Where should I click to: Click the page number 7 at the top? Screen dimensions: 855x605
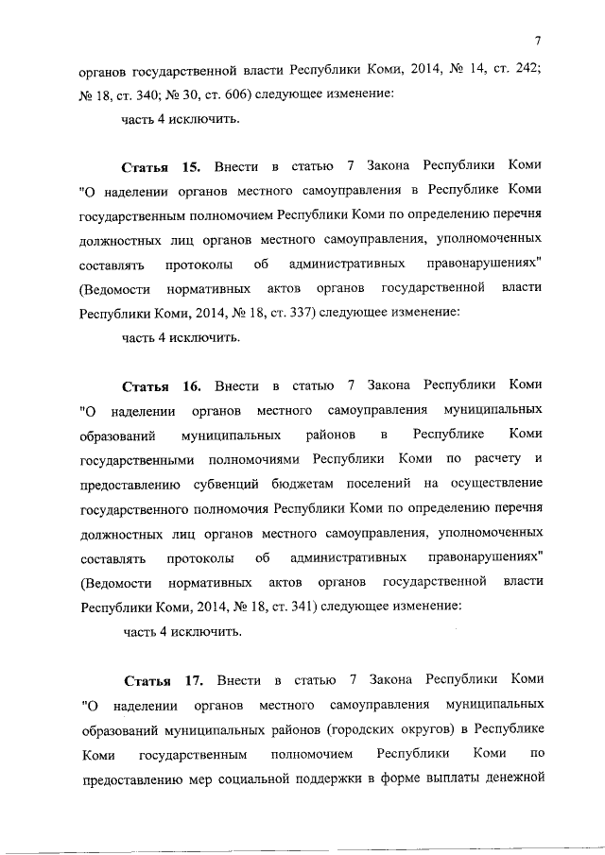coord(538,40)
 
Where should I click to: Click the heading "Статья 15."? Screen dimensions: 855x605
coord(161,167)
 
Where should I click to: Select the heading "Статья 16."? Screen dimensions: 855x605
coord(161,385)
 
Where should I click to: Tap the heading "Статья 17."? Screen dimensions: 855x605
coord(163,679)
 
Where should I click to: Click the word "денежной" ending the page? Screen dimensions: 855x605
coord(515,778)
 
